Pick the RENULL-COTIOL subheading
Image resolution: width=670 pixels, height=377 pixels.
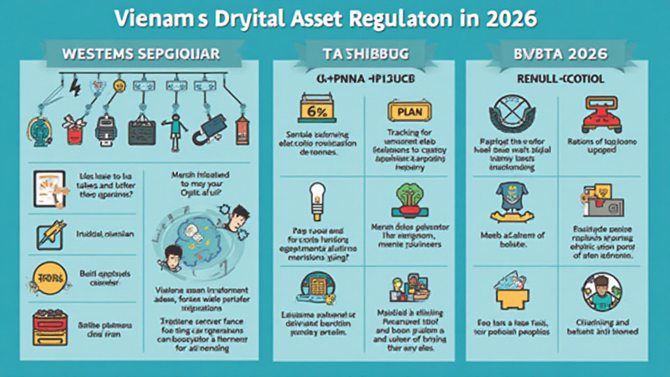click(561, 79)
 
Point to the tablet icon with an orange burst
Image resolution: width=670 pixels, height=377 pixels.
click(50, 188)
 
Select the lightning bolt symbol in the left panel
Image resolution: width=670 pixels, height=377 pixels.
click(73, 86)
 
